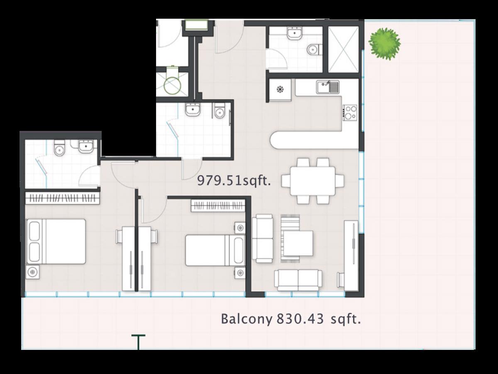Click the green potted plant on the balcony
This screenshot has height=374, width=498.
[x=385, y=44]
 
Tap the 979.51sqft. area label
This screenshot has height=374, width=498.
[x=234, y=181]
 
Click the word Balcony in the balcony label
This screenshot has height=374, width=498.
[x=247, y=319]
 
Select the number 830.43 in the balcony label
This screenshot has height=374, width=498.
[x=300, y=319]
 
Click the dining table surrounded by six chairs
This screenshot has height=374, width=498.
[x=312, y=181]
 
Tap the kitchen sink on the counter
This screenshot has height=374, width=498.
[x=328, y=87]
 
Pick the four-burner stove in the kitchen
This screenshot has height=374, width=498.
[x=350, y=112]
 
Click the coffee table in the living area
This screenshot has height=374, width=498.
[x=298, y=243]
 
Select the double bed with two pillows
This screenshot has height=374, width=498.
[x=56, y=241]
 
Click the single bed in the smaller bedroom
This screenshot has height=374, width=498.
[x=215, y=250]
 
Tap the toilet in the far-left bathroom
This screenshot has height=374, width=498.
[x=59, y=148]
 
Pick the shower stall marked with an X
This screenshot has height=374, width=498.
[x=344, y=49]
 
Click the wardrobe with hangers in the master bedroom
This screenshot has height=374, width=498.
[x=62, y=198]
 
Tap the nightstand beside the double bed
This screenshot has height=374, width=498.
[x=33, y=272]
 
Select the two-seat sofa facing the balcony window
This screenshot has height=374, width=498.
[x=298, y=280]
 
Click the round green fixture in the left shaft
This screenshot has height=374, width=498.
[x=172, y=85]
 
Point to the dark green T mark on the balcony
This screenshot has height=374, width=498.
[x=138, y=342]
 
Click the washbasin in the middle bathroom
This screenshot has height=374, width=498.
[x=193, y=109]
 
